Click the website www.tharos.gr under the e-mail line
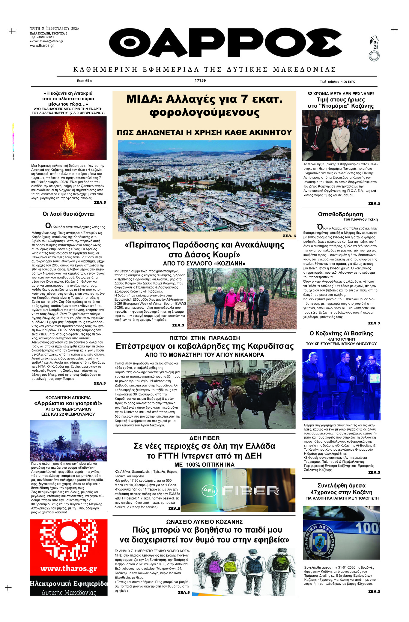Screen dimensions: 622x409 (42, 46)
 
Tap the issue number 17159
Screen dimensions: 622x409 (200, 80)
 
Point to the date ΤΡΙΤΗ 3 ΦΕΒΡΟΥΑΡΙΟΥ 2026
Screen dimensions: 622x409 (54, 29)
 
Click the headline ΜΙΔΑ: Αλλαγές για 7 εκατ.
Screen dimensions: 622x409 (204, 99)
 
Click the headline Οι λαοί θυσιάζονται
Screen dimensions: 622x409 (68, 214)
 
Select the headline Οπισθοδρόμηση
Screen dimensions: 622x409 (340, 214)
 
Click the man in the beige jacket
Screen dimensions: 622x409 (340, 137)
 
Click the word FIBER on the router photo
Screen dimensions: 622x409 (251, 491)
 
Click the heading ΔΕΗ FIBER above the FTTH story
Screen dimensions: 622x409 (204, 438)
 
